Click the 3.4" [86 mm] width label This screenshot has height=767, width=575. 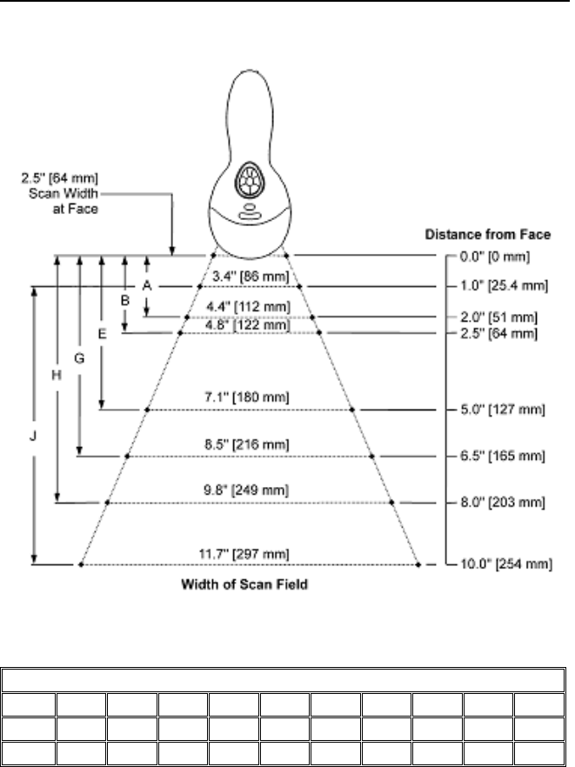(x=250, y=277)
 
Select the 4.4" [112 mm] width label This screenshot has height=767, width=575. (x=251, y=307)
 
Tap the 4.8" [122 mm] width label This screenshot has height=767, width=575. (x=251, y=324)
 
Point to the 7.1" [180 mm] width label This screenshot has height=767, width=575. (x=251, y=397)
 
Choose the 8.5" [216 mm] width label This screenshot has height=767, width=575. (x=251, y=444)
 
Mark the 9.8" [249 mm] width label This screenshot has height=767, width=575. (x=251, y=491)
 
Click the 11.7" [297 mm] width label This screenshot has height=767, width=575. (x=251, y=553)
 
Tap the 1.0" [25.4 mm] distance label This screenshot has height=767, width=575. (x=502, y=285)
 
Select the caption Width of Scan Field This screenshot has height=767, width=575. (x=245, y=585)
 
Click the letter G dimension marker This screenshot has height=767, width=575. (x=79, y=357)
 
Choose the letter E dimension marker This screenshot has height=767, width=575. (x=102, y=333)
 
